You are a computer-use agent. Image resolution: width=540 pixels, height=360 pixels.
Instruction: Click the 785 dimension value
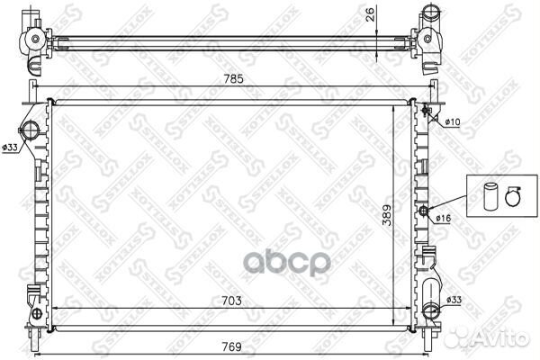point(233,79)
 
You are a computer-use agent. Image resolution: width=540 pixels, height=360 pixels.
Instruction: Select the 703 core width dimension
point(231,301)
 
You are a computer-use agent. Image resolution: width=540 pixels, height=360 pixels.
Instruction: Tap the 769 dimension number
point(231,346)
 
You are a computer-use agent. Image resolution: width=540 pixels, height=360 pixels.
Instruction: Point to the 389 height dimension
point(387,216)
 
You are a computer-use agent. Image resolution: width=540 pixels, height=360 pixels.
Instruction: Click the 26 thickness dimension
point(370,14)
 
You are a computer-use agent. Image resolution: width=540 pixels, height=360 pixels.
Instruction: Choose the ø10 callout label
point(452,121)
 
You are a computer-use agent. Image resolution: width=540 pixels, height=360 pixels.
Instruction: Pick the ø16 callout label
point(443,218)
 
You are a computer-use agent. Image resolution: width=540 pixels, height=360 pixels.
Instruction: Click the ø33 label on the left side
point(9,148)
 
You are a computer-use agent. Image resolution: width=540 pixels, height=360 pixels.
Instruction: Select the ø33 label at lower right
point(454,300)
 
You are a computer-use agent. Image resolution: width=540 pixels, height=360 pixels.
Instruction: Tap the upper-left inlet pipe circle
point(30,130)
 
